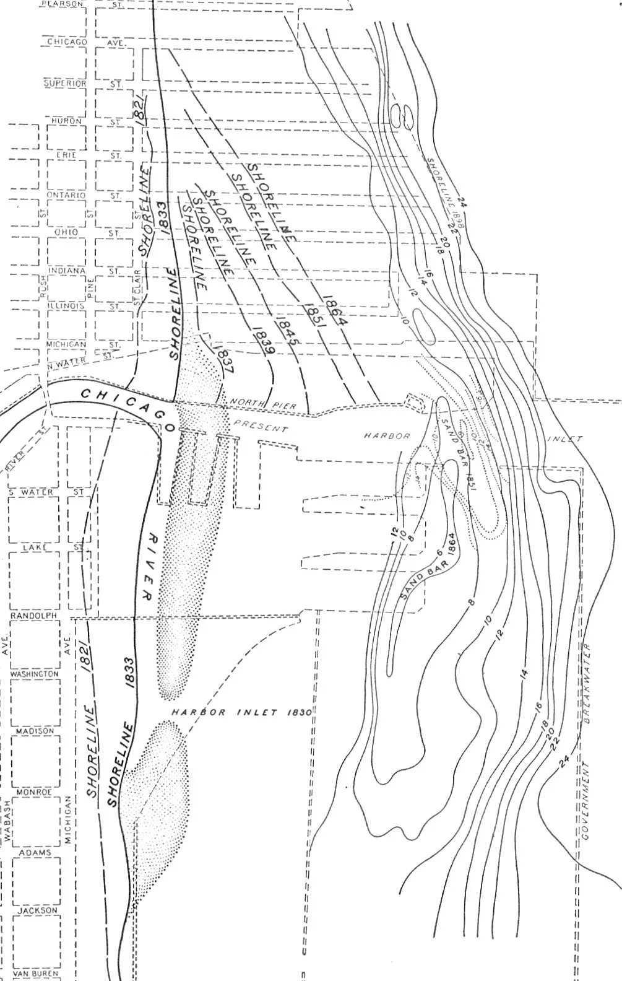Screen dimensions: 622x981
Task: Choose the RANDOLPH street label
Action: pos(33,616)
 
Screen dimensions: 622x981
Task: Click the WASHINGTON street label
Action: pos(35,674)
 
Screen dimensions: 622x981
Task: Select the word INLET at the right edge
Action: pos(565,439)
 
